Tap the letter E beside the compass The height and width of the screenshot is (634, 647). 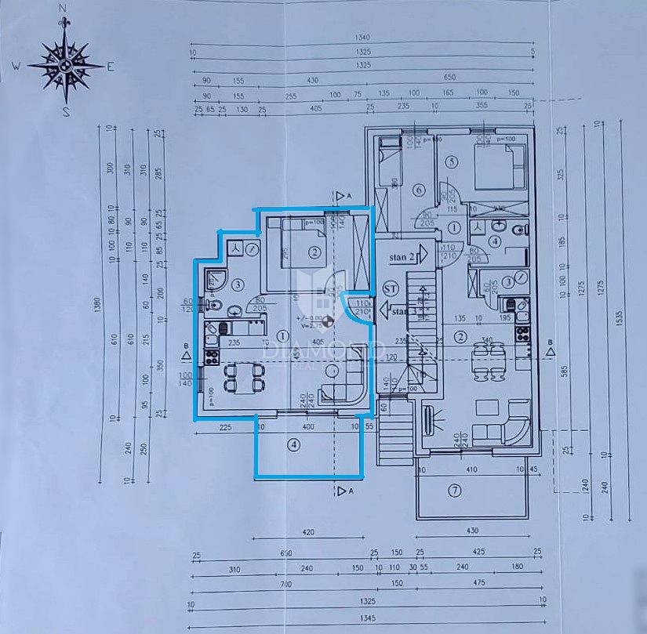(111, 67)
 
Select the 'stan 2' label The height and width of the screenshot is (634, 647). (402, 256)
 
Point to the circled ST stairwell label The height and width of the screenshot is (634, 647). (389, 288)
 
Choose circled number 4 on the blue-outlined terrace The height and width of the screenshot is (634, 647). (293, 444)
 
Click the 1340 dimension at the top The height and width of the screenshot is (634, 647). (362, 38)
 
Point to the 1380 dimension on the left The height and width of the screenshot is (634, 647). (99, 310)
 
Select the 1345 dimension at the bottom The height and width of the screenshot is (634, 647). (362, 618)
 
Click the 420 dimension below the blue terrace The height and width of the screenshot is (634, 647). (308, 532)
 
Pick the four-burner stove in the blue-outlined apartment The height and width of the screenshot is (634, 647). (211, 357)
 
